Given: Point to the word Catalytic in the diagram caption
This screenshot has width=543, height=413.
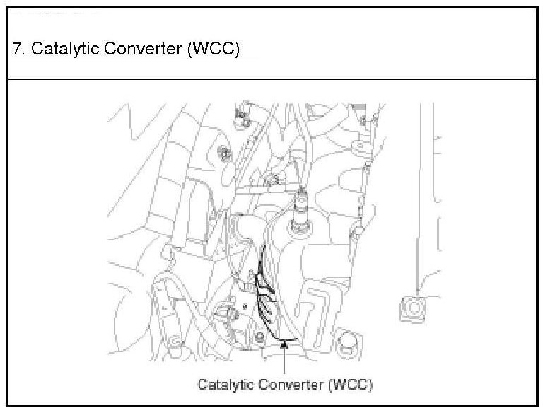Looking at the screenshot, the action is click(x=223, y=385).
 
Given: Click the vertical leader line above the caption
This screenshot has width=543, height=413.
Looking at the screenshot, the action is click(x=284, y=361).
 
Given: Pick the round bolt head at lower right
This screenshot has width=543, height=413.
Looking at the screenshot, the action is click(x=347, y=344).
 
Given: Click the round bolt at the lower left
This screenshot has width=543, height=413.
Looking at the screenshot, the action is click(x=174, y=339).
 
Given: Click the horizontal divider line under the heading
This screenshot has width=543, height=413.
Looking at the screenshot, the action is click(x=271, y=80).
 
